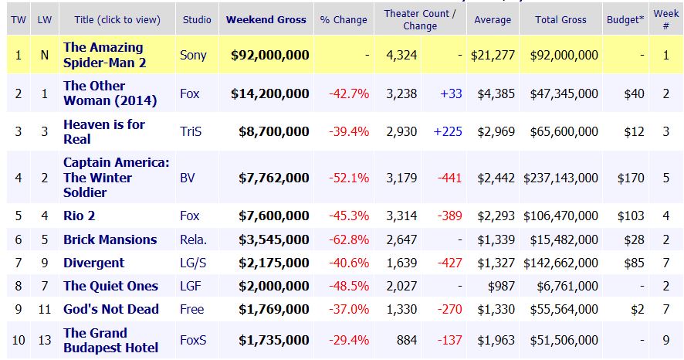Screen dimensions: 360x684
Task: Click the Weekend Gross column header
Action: (266, 19)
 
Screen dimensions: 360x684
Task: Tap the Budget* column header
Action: (627, 19)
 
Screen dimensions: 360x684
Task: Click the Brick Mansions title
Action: (110, 239)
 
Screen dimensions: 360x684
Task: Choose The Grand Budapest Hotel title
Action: (111, 340)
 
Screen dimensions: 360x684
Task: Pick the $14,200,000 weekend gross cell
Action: (270, 93)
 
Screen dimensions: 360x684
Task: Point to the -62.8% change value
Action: (349, 239)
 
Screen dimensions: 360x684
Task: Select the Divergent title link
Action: (93, 263)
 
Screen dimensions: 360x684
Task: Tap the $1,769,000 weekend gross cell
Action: (270, 309)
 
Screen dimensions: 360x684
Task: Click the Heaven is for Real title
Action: (103, 131)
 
